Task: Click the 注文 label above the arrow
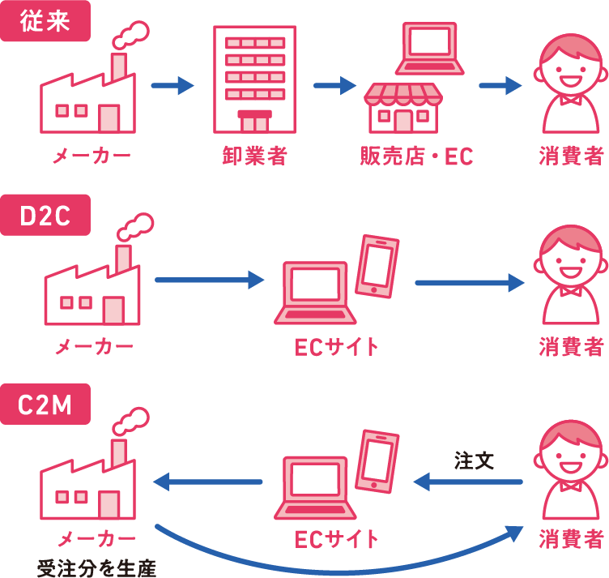[x=474, y=460]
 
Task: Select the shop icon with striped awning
[x=402, y=105]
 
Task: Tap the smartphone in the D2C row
[x=377, y=264]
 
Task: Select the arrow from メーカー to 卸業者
[x=172, y=84]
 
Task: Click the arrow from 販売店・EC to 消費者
[x=500, y=84]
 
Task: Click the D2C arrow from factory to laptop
[x=209, y=280]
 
